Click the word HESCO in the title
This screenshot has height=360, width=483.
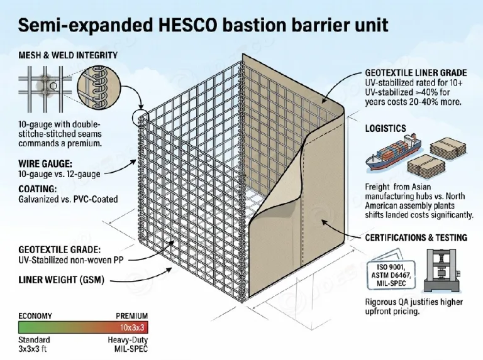(x=189, y=25)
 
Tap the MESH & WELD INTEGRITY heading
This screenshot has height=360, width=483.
(x=68, y=55)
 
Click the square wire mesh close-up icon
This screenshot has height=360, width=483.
(x=45, y=89)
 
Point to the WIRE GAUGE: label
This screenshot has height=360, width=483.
(x=45, y=163)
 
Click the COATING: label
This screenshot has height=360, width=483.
(x=38, y=188)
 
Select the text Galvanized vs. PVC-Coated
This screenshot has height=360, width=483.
(x=68, y=199)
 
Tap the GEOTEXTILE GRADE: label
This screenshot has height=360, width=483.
(x=60, y=249)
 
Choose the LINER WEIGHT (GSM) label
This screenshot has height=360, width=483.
(x=61, y=280)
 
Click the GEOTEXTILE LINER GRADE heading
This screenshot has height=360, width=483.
(x=416, y=73)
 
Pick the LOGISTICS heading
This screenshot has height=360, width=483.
(x=386, y=128)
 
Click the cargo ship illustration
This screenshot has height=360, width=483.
(x=393, y=152)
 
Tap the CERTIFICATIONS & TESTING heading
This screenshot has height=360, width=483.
(x=416, y=237)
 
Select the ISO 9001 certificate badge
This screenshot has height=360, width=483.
(x=391, y=275)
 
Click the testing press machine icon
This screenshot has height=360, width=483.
(x=441, y=270)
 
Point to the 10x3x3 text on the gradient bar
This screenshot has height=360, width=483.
(x=132, y=327)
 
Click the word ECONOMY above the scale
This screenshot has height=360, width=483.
(x=35, y=316)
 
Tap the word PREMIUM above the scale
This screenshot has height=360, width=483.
(x=132, y=316)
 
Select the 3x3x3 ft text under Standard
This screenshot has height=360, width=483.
(x=33, y=349)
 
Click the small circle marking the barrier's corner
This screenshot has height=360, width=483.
(x=140, y=118)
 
